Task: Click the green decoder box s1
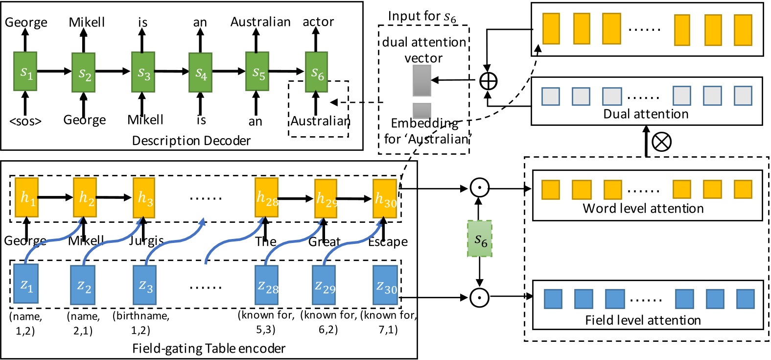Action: coord(25,72)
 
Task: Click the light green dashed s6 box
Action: coord(480,239)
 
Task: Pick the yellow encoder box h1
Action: coord(26,197)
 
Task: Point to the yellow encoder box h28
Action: coord(266,197)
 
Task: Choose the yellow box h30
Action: coord(385,198)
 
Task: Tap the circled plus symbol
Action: coord(488,80)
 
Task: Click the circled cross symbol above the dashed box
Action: coord(661,142)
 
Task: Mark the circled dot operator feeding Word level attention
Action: coord(479,188)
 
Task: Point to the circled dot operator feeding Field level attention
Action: coord(479,297)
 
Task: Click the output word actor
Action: coord(318,22)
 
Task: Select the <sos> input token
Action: coord(25,121)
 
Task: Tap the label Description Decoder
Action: coord(191,141)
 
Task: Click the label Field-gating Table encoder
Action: coord(209,349)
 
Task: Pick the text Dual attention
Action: coord(646,114)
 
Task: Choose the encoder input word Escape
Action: coord(388,242)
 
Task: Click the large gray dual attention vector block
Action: coord(422,80)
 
